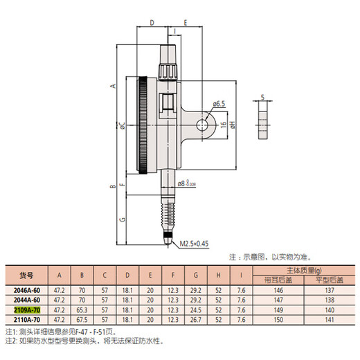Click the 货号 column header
point(26,274)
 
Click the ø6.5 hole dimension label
point(219,104)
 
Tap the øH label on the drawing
point(233,126)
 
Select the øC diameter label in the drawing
point(120,126)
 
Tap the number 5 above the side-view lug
point(262,97)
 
